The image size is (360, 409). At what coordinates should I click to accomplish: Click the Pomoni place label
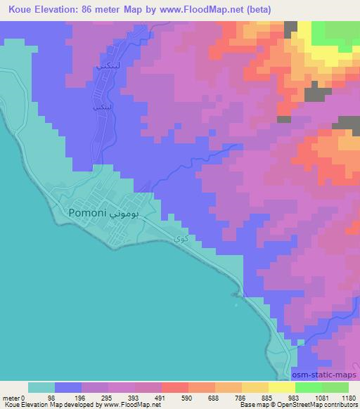[87, 212]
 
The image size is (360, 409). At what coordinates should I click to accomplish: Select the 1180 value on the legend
[345, 398]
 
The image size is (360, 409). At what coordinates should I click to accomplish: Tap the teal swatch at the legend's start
[41, 387]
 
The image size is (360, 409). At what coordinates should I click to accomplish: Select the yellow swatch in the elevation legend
[281, 387]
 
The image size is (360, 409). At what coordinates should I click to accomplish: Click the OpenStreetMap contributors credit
[323, 405]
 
